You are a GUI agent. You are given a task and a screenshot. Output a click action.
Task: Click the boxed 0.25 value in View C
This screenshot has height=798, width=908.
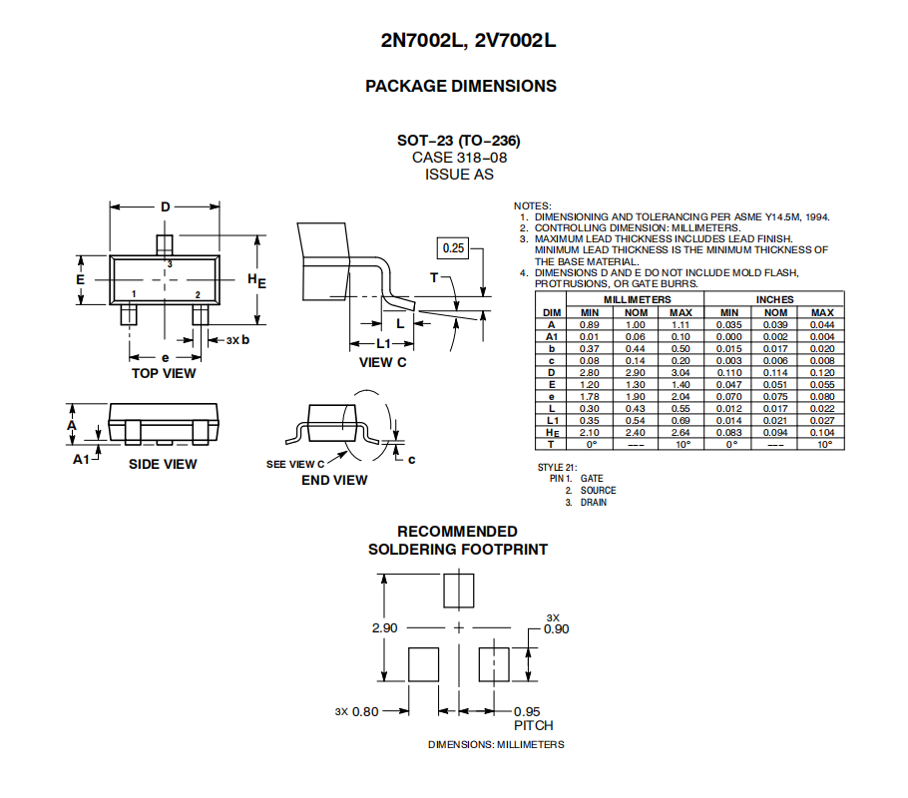[453, 248]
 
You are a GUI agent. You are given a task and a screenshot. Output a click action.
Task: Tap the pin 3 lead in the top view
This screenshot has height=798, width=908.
[165, 245]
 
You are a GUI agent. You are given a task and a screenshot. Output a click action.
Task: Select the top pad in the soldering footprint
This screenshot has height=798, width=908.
[459, 591]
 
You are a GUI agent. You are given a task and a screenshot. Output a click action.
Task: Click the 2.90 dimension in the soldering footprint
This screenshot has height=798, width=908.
[384, 628]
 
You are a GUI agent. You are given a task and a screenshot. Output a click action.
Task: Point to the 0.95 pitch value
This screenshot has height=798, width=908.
[527, 711]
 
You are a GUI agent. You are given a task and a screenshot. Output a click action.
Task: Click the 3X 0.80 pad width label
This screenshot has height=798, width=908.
[357, 711]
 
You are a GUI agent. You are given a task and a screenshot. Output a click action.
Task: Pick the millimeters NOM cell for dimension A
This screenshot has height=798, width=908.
[636, 325]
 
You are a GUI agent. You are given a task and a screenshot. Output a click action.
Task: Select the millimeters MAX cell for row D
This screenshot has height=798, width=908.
[681, 373]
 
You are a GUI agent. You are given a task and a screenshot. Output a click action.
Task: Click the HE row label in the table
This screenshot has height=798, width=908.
[552, 433]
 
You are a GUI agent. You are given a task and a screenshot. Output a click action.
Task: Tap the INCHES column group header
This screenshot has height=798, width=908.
[774, 299]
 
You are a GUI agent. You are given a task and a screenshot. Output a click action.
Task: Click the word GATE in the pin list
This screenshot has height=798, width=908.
[592, 479]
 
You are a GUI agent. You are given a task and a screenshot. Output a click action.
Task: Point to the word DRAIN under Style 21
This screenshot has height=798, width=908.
[594, 502]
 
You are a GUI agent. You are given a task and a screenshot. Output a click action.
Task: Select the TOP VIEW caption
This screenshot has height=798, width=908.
[164, 373]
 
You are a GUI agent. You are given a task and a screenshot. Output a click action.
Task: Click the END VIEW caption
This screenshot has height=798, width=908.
[334, 480]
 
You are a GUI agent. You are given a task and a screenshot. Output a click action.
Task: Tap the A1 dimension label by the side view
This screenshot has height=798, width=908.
[81, 459]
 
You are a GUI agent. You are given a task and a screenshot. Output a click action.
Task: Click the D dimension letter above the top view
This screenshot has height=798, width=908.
[166, 206]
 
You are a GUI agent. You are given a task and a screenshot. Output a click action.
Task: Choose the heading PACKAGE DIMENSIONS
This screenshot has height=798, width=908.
[461, 87]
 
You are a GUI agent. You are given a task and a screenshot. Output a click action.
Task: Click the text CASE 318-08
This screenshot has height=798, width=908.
[459, 158]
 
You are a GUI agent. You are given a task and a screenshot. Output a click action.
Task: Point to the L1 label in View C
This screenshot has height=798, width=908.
[384, 343]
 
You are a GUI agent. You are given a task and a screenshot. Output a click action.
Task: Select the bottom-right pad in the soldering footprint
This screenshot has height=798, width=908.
[494, 664]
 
